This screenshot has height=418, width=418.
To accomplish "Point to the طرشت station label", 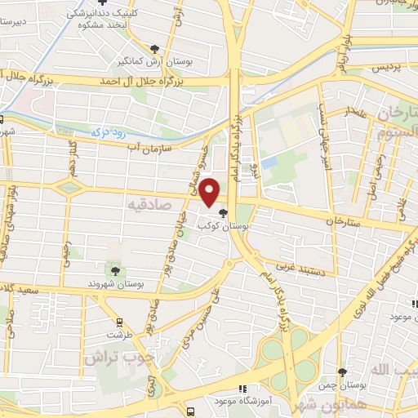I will (x=118, y=336).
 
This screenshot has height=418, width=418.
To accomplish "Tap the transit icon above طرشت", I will (x=119, y=322).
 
